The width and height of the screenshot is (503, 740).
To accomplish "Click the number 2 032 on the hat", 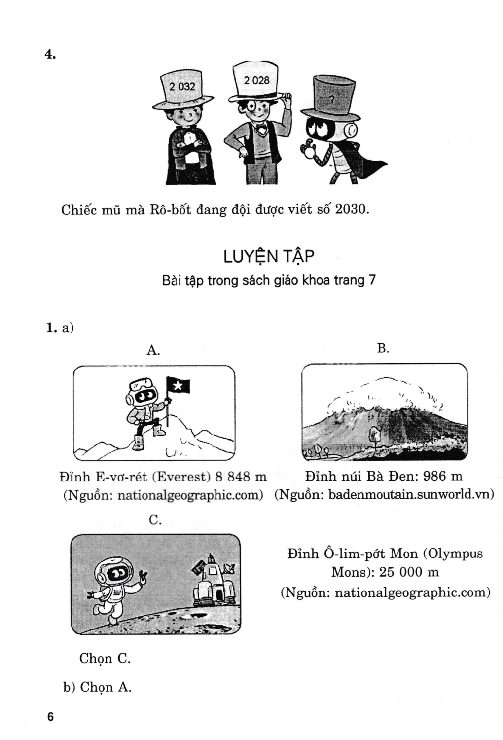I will click(x=182, y=87).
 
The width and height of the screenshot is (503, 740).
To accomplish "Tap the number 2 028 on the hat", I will click(x=256, y=80).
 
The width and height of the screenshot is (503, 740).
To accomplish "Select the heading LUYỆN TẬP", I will click(x=269, y=257).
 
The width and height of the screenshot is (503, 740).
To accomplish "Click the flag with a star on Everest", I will click(x=178, y=385).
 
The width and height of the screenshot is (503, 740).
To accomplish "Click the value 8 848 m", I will click(x=241, y=477).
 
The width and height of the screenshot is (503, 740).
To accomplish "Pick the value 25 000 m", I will click(x=409, y=572).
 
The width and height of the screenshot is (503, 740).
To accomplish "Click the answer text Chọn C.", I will click(x=105, y=658).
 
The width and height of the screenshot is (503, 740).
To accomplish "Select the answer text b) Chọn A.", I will click(x=97, y=687).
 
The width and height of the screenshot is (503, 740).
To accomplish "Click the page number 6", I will click(x=50, y=717).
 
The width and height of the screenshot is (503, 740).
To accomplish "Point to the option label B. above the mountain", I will click(x=383, y=348).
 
